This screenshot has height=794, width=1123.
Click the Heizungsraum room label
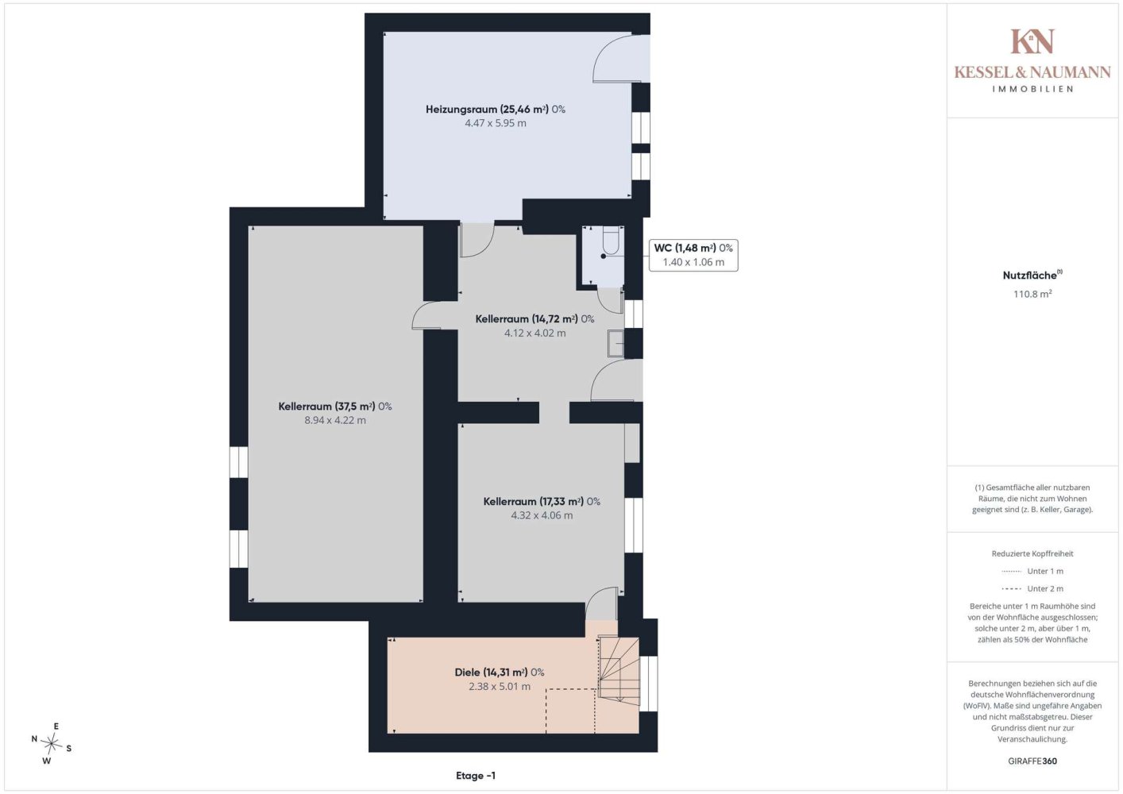pyautogui.click(x=496, y=110)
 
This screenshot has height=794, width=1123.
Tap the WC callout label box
pyautogui.click(x=693, y=255)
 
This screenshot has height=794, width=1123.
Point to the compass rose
pyautogui.click(x=51, y=744)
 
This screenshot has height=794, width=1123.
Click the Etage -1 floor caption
pyautogui.click(x=475, y=776)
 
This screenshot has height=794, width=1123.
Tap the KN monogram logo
pyautogui.click(x=1032, y=41)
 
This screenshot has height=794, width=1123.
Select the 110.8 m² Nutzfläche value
pyautogui.click(x=1032, y=294)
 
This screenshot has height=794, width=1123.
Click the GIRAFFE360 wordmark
pyautogui.click(x=1032, y=761)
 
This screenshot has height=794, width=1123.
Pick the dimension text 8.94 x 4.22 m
pyautogui.click(x=335, y=420)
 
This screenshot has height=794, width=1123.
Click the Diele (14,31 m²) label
pyautogui.click(x=499, y=673)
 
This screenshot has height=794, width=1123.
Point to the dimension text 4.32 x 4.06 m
pyautogui.click(x=542, y=515)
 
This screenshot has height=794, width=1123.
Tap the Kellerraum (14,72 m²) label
pyautogui.click(x=534, y=319)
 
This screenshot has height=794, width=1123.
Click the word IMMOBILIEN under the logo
pyautogui.click(x=1032, y=89)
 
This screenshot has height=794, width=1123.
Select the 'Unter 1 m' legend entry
pyautogui.click(x=1032, y=571)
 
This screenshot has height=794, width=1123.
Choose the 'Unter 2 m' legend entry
pyautogui.click(x=1032, y=588)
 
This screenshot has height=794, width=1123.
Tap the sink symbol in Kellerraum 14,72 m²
pyautogui.click(x=616, y=343)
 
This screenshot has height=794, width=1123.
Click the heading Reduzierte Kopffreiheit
pyautogui.click(x=1032, y=553)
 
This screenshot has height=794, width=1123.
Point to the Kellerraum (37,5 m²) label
pyautogui.click(x=335, y=407)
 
